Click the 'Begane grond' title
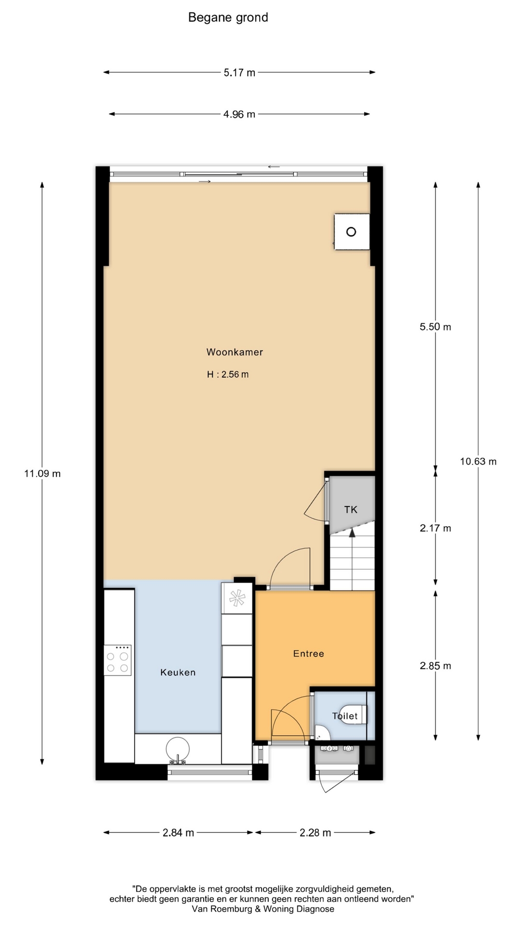228,18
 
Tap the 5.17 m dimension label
239,73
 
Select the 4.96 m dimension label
239,114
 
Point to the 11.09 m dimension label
42,474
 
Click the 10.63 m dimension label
478,462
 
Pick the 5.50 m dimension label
435,327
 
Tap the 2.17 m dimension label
435,529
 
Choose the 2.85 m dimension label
435,666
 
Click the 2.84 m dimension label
178,833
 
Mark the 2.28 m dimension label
315,833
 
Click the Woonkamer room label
235,352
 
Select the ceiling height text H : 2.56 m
228,374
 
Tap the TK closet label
351,509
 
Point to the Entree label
309,654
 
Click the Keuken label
178,672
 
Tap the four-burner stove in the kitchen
118,660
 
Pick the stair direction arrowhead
352,532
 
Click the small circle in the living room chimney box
351,232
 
